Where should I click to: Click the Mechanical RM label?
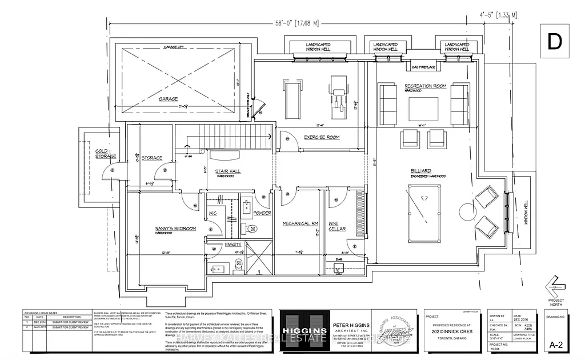pyautogui.click(x=300, y=223)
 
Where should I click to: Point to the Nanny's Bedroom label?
pyautogui.click(x=176, y=228)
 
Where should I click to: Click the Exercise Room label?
pyautogui.click(x=322, y=137)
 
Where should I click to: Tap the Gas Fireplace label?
pyautogui.click(x=423, y=67)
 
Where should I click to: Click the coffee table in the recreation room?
pyautogui.click(x=423, y=108)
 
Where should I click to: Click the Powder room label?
pyautogui.click(x=262, y=213)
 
